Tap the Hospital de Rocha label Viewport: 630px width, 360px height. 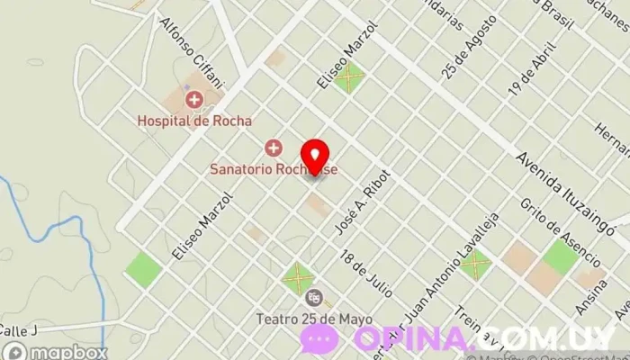pyautogui.click(x=194, y=120)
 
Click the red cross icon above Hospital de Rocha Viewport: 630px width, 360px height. pyautogui.click(x=193, y=99)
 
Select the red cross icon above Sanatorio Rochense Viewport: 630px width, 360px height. pyautogui.click(x=273, y=147)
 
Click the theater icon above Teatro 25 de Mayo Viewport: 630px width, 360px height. pyautogui.click(x=313, y=297)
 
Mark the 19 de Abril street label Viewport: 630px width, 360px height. pyautogui.click(x=530, y=70)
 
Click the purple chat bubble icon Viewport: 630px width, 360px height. pyautogui.click(x=319, y=337)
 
